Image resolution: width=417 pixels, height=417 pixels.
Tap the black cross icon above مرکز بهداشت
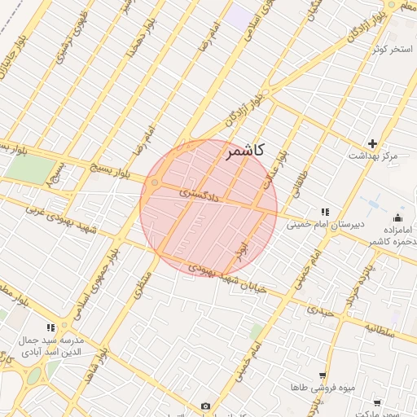tap(373, 143)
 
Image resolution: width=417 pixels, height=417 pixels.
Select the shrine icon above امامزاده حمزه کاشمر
tap(397, 217)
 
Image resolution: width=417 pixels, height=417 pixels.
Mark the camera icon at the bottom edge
tap(205, 406)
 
